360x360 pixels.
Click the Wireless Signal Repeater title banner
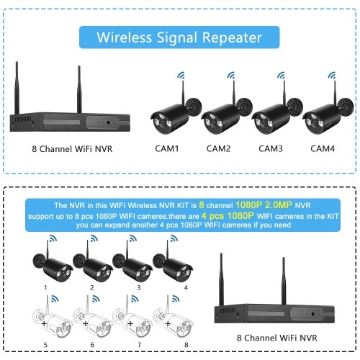[x=179, y=37]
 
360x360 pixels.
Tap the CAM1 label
[x=167, y=148]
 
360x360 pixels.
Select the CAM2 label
[x=218, y=148]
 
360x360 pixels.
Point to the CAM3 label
[x=271, y=148]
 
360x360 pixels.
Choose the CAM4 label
[x=323, y=148]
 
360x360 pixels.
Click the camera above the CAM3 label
[x=277, y=113]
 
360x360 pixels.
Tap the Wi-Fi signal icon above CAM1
[x=181, y=75]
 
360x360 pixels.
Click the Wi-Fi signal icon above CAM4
[x=332, y=75]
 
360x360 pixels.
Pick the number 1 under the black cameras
[x=45, y=287]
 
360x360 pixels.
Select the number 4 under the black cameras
[x=186, y=287]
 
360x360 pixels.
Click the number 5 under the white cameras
[x=45, y=345]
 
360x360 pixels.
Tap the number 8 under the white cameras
[x=186, y=345]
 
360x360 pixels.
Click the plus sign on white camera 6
[x=85, y=324]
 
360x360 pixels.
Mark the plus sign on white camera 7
[x=130, y=324]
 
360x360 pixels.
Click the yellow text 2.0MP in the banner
[x=279, y=204]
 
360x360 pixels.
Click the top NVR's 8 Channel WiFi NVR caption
[x=72, y=149]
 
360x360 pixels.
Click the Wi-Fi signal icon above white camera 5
[x=55, y=299]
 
